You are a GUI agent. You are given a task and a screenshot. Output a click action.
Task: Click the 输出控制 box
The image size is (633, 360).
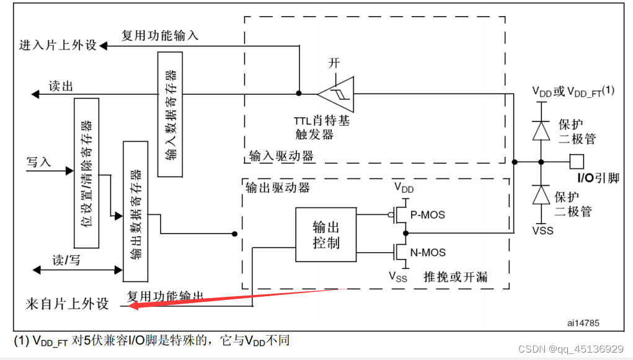(326, 235)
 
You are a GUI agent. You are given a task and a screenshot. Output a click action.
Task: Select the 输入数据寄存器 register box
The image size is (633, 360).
(170, 114)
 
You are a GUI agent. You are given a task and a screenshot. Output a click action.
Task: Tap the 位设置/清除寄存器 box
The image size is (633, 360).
(87, 173)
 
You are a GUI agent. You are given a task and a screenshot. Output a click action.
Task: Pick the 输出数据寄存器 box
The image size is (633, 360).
(136, 210)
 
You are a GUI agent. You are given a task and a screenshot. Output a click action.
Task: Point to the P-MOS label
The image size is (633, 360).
(428, 215)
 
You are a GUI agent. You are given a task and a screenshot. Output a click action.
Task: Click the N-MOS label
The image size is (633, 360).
(428, 252)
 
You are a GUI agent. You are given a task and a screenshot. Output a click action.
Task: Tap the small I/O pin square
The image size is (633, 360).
(577, 162)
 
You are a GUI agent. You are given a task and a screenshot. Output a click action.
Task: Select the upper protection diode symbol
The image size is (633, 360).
(542, 131)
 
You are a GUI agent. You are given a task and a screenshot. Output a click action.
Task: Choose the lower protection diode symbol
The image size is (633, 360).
(542, 196)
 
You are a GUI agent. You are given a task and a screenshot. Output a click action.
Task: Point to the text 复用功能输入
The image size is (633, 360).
(160, 36)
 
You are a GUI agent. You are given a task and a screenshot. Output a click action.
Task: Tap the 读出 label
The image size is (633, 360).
(61, 87)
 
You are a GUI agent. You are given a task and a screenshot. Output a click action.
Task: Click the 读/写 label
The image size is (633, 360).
(66, 260)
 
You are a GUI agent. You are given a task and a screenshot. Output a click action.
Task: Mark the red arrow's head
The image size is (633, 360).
(131, 304)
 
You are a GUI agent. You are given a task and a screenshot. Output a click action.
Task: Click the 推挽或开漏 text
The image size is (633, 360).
(455, 276)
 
